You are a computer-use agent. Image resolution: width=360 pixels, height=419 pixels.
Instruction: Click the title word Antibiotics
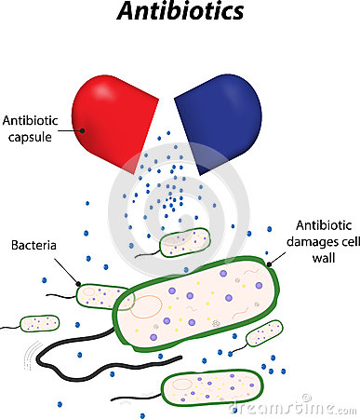coord(180,13)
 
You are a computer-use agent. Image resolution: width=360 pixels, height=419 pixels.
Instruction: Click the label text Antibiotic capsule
coord(32,129)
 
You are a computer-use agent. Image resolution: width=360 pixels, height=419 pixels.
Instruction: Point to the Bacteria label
coord(35,246)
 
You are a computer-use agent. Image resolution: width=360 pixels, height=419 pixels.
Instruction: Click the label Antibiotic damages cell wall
coord(322,239)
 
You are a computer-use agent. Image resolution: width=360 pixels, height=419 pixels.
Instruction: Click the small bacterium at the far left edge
coord(38,323)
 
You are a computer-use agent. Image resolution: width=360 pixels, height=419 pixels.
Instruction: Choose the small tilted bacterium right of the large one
coord(265,332)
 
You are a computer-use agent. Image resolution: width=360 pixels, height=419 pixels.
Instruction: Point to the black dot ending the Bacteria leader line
coord(78,284)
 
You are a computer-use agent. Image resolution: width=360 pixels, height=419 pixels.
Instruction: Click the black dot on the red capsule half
coord(82,129)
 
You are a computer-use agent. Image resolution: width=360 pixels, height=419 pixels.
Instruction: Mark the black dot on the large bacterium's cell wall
coord(269,264)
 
